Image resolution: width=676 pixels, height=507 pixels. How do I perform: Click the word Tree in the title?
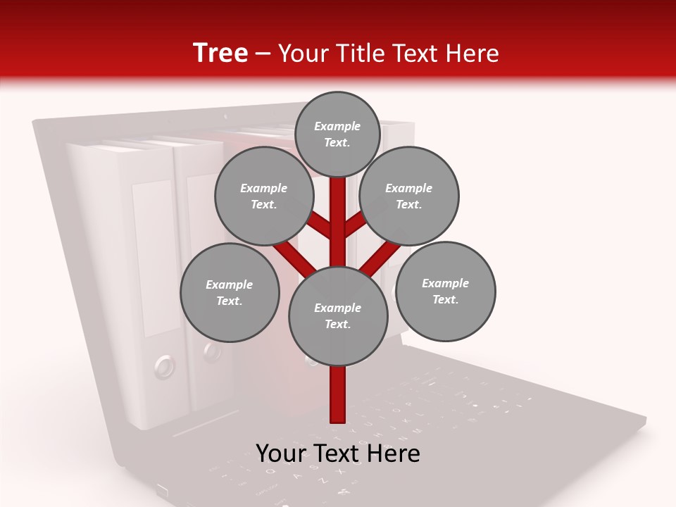click(220, 53)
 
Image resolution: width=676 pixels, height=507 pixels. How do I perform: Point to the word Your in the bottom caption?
click(280, 453)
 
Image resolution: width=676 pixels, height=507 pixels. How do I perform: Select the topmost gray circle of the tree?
click(337, 134)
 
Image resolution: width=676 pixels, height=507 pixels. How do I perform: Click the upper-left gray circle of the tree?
click(264, 196)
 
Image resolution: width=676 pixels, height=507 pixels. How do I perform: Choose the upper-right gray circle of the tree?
click(409, 196)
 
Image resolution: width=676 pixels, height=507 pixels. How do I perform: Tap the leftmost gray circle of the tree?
click(230, 292)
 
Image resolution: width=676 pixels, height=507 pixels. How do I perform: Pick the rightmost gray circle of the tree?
click(446, 291)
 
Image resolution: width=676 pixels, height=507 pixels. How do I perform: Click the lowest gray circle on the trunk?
click(338, 315)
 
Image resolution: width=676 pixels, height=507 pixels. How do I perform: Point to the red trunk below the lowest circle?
click(338, 394)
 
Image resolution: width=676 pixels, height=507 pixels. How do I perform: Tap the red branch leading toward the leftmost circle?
click(294, 257)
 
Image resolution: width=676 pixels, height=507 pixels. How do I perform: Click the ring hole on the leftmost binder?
click(163, 365)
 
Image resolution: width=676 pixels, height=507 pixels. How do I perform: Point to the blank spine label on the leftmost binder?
click(152, 257)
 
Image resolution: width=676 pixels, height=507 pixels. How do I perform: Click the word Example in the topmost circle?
click(337, 126)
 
